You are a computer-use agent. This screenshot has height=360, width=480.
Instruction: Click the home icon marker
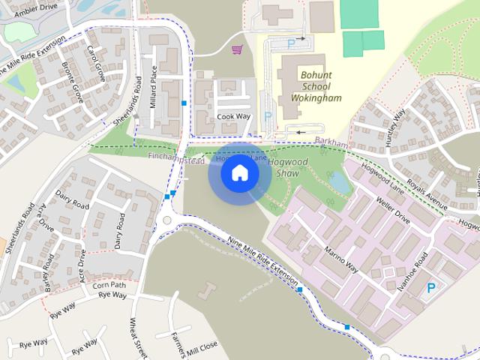(x=239, y=173)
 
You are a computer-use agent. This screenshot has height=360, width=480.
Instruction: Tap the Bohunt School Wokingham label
(x=320, y=86)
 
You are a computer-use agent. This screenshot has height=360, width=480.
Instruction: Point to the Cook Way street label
(x=232, y=117)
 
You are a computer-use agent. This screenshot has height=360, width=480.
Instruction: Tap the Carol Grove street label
(x=95, y=64)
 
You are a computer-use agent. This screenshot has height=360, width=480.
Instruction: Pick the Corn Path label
(x=109, y=285)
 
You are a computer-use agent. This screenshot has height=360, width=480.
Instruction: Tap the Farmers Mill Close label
(x=192, y=344)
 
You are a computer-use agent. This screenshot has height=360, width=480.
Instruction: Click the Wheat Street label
(x=137, y=338)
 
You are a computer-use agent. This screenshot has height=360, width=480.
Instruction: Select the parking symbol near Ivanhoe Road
(x=430, y=288)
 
